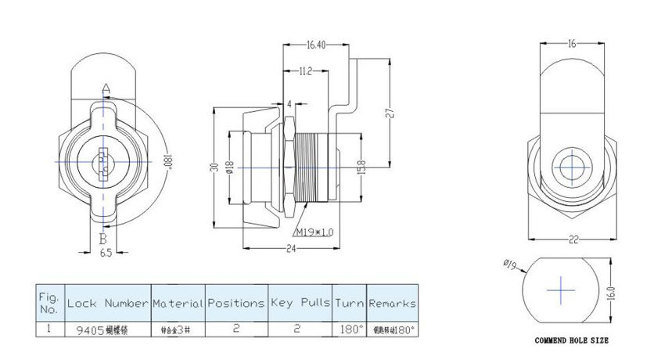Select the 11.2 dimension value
point(306,71)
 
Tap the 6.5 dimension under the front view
point(105,253)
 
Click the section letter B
point(102,238)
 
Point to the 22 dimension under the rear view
point(573,240)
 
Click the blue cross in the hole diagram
point(560,290)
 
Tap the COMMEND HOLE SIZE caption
point(571,341)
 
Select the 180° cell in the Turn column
point(349,329)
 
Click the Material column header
point(178,302)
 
